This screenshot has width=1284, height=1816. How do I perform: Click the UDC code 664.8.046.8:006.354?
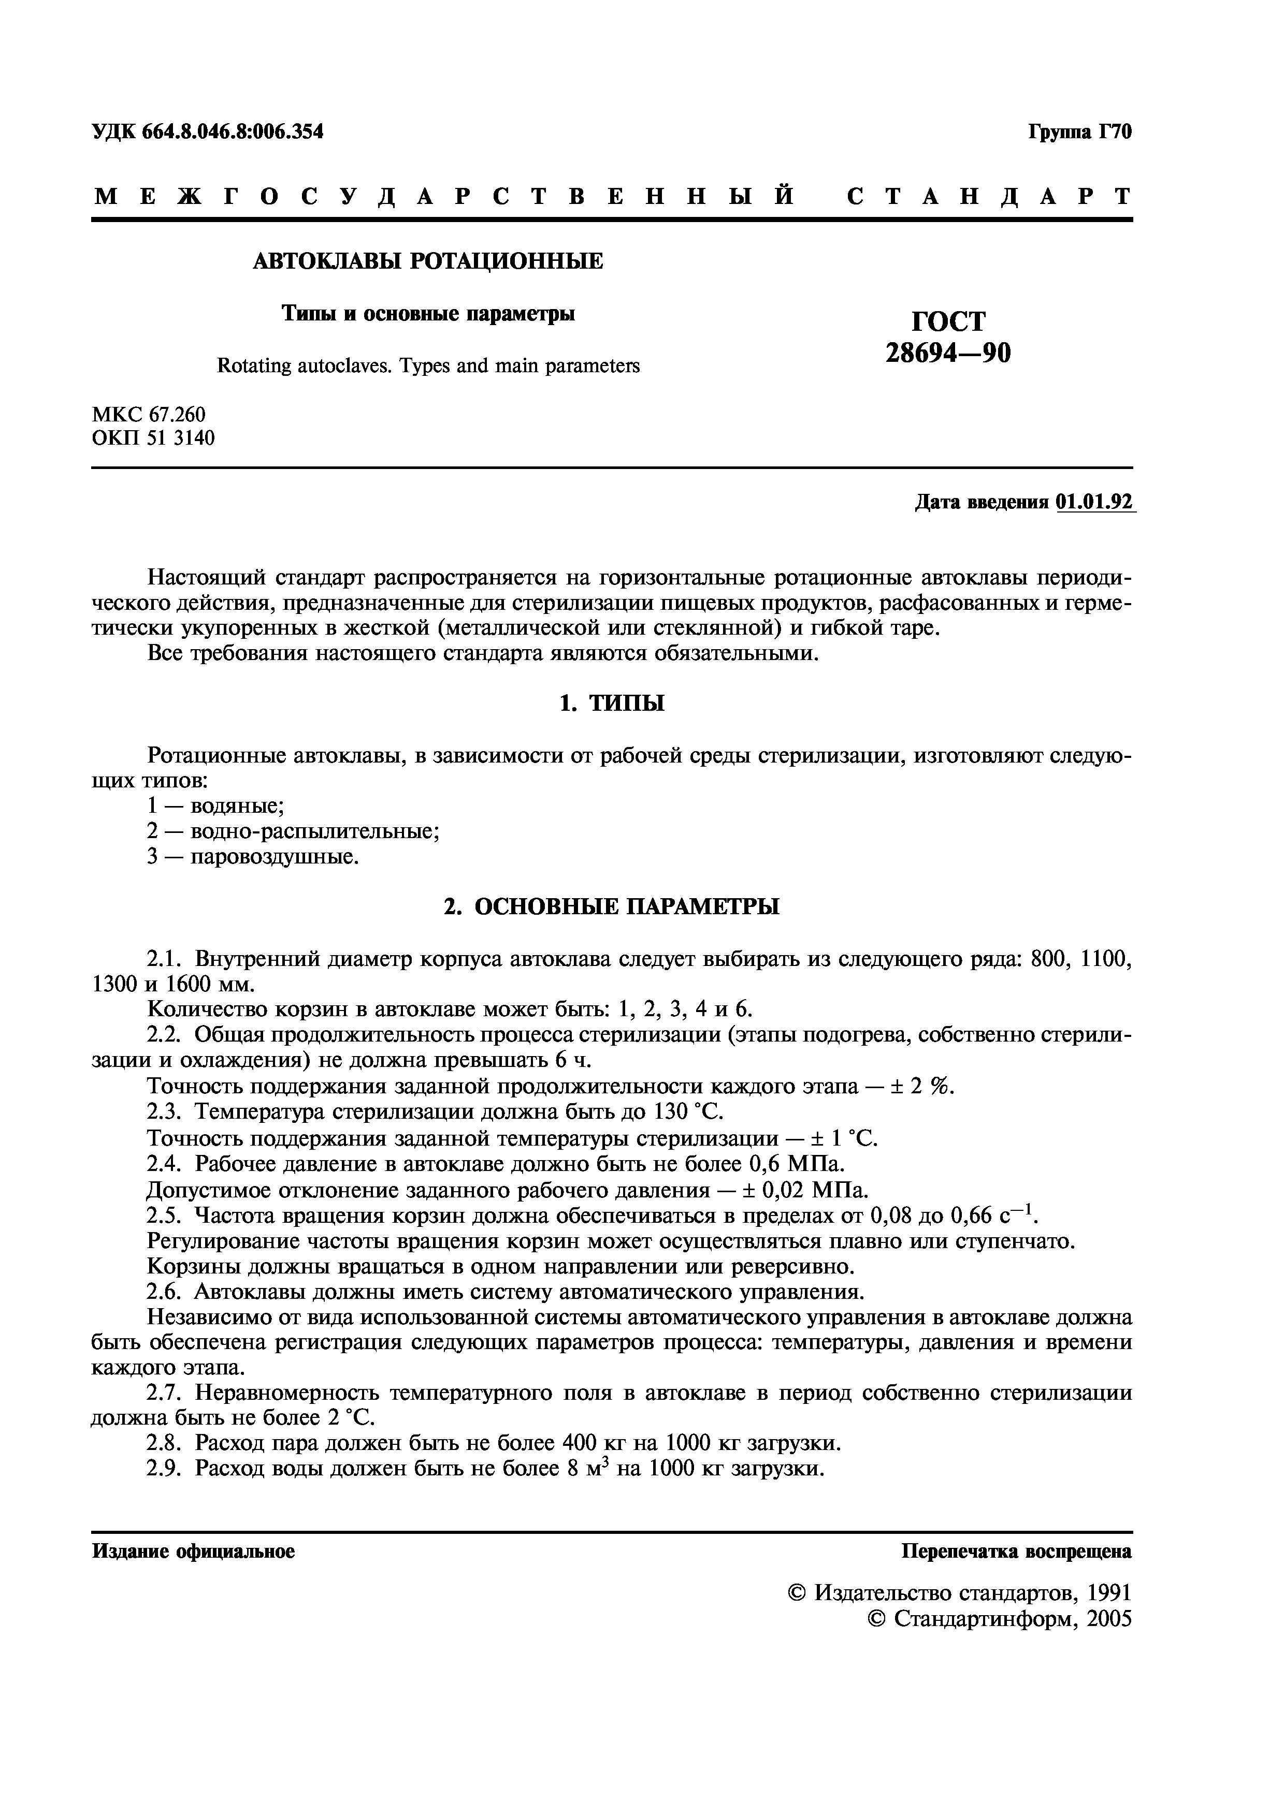233,132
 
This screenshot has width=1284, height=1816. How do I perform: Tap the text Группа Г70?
1080,132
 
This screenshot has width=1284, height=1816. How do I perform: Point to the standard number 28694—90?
948,353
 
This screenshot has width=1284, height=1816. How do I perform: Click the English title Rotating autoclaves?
428,366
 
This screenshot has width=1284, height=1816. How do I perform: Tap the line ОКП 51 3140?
153,437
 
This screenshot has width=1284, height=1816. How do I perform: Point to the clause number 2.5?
166,1215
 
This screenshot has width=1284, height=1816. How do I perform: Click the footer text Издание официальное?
194,1551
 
